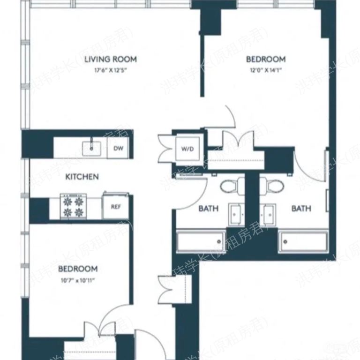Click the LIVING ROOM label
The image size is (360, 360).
111,60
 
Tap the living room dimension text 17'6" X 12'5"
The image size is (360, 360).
111,70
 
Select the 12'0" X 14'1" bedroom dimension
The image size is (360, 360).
266,70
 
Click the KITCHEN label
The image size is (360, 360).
82,177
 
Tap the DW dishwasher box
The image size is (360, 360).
119,149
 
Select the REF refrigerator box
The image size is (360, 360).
115,206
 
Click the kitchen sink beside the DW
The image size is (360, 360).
92,149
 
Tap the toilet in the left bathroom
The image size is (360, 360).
229,186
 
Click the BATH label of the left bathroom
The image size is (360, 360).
208,209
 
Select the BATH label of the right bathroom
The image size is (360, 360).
301,209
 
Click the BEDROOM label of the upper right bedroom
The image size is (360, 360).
266,60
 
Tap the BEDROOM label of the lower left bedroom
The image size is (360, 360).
78,269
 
